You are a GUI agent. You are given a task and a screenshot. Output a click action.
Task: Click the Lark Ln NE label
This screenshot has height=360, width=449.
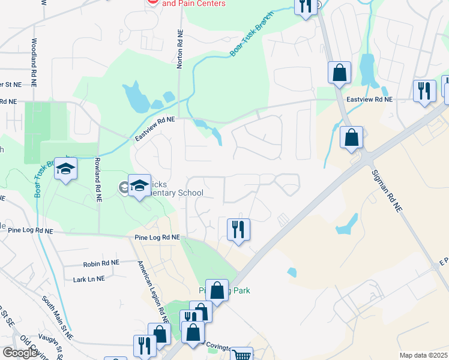pos(88,279)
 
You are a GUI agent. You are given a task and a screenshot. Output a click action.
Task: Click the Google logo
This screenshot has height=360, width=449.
pos(20,353)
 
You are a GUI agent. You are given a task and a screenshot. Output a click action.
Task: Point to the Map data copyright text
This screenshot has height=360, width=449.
pos(423,355)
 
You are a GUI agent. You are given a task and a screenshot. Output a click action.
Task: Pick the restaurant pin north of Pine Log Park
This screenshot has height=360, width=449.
pos(238,229)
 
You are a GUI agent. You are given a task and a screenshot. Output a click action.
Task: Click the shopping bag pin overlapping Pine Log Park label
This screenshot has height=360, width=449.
pos(217,290)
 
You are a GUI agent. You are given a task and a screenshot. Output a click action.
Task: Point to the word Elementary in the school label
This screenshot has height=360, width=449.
pos(175,193)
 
